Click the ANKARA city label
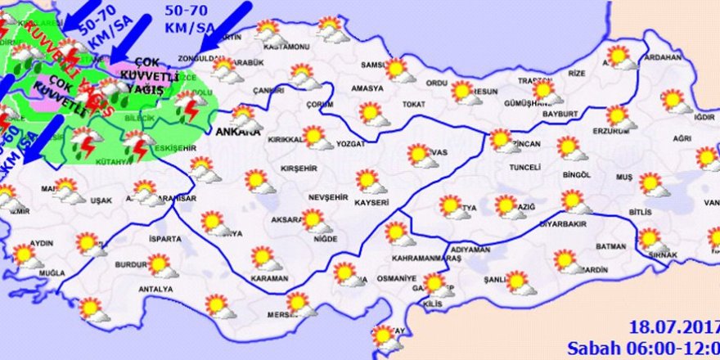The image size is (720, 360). [237, 132]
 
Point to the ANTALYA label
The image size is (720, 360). [155, 289]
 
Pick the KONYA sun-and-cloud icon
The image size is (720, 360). [214, 222]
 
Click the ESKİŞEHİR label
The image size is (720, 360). [180, 148]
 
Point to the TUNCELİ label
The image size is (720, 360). [524, 168]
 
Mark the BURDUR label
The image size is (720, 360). [130, 266]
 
